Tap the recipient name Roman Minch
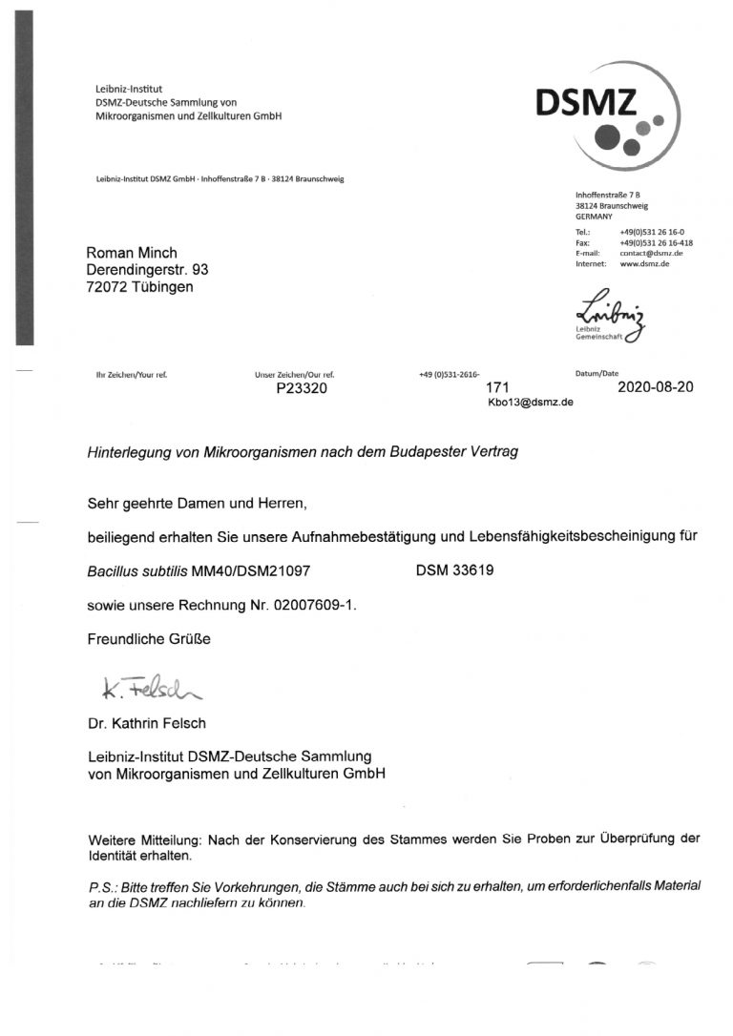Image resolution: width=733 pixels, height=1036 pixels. [x=131, y=253]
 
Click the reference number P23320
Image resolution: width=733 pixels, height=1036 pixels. [x=302, y=388]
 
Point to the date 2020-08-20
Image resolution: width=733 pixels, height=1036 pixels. [x=656, y=388]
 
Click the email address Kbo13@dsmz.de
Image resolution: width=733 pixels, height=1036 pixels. [x=530, y=403]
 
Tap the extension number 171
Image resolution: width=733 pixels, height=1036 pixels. [x=499, y=388]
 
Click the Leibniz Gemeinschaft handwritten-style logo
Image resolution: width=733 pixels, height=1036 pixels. [x=603, y=316]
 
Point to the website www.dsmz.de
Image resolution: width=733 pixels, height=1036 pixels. [x=644, y=263]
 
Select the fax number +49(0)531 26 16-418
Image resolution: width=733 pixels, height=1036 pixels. [x=656, y=242]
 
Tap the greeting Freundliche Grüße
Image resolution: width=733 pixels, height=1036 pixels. [x=149, y=639]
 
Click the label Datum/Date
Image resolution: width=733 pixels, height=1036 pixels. [x=597, y=374]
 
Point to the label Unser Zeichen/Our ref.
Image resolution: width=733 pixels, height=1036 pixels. [x=294, y=374]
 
